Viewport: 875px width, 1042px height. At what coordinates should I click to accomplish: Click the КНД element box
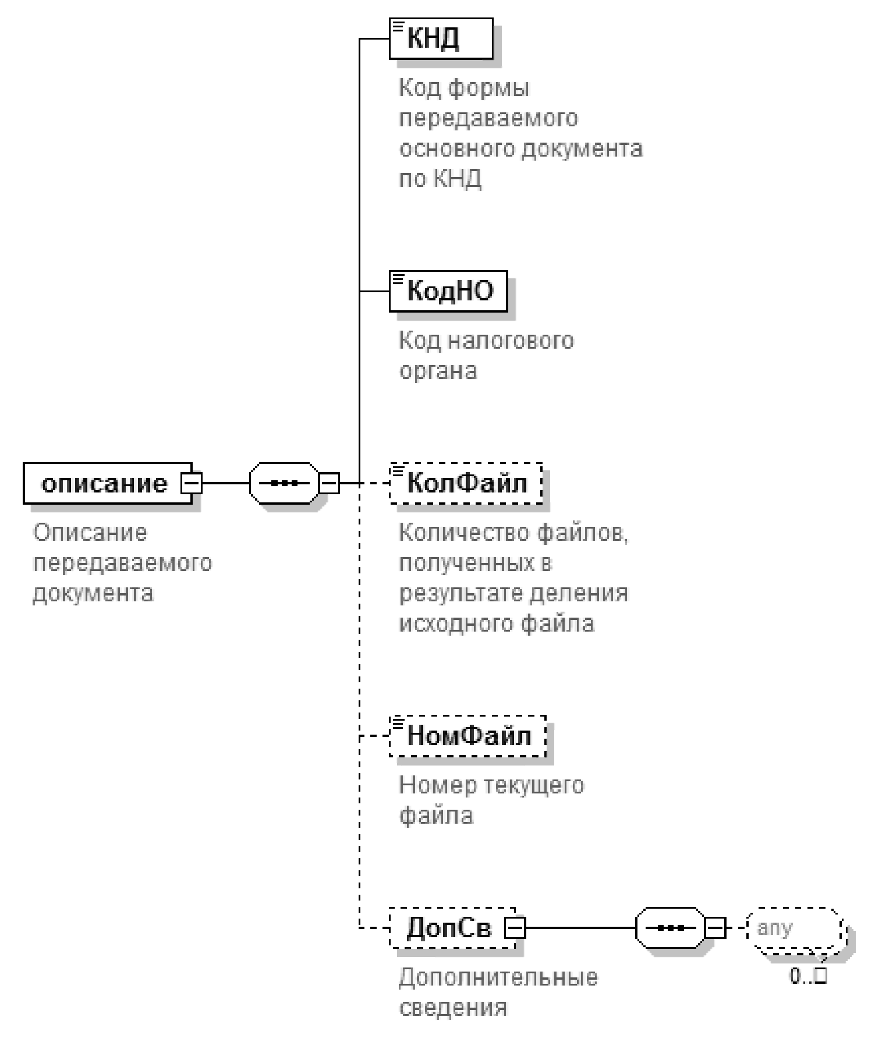coord(441,38)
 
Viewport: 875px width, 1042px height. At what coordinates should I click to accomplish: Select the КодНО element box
coord(448,290)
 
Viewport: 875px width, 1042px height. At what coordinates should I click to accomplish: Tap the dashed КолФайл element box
coord(466,483)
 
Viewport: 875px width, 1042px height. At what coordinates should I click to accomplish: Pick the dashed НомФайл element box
coord(468,736)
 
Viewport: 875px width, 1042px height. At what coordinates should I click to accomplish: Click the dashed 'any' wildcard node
coord(797,927)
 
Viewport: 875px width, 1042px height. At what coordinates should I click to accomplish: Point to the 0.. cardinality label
coord(808,976)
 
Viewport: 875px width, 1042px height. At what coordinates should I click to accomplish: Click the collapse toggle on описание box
coord(192,483)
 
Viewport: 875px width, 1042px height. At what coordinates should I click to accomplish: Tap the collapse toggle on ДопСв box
coord(515,928)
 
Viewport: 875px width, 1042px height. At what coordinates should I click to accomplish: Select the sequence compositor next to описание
coord(284,483)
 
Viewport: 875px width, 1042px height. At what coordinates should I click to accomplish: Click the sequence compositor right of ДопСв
coord(670,928)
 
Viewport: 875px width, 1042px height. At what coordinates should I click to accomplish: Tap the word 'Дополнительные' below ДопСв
coord(498,977)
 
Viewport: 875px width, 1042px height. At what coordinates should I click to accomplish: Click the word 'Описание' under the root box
coord(90,533)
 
